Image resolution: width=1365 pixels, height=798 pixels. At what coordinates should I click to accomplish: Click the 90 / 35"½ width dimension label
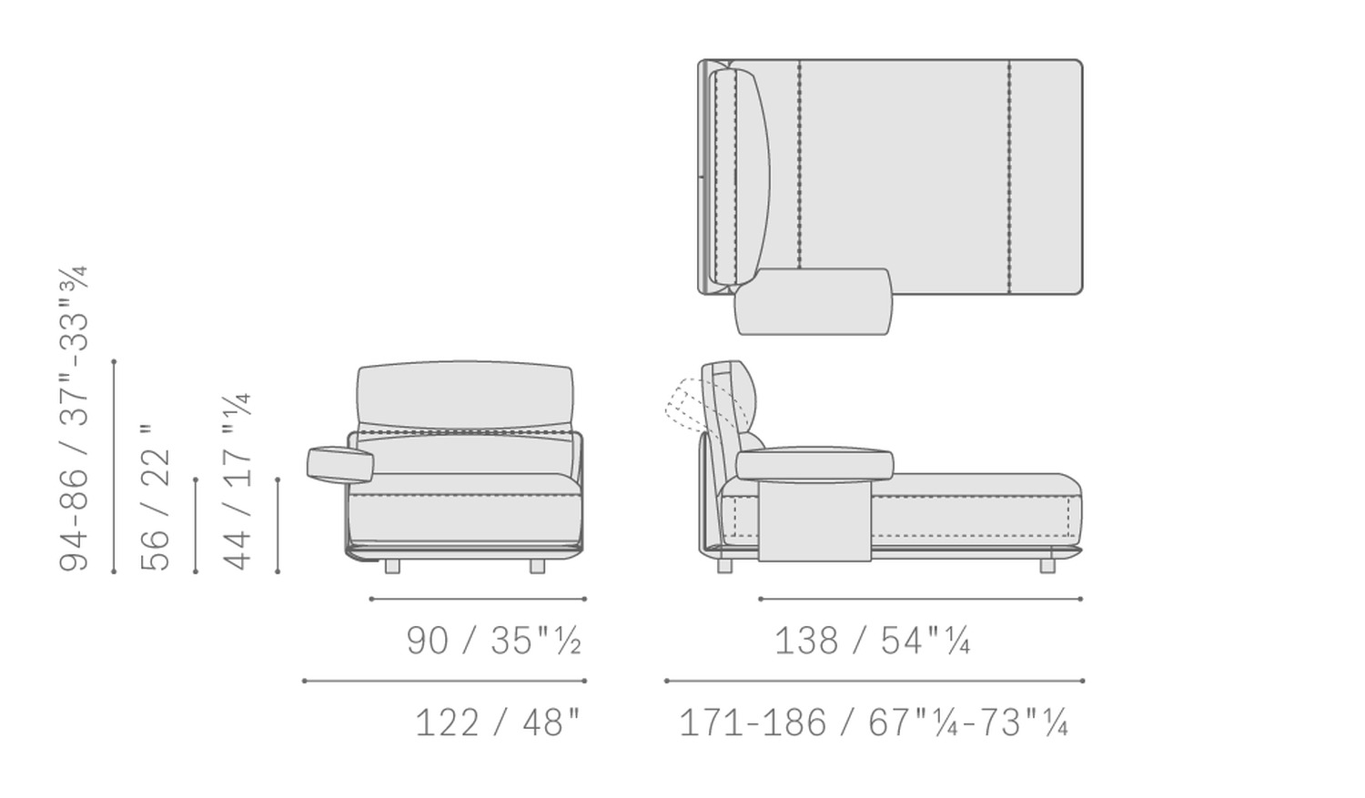493,641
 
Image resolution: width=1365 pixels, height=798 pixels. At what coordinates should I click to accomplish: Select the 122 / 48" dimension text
497,723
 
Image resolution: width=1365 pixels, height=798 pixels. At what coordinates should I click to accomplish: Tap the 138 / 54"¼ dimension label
872,641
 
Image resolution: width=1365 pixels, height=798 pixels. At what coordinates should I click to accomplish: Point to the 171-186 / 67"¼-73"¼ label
873,723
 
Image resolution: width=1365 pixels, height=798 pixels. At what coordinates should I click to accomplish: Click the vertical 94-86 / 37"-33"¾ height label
74,419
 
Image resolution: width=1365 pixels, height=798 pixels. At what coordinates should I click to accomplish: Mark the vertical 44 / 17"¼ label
238,482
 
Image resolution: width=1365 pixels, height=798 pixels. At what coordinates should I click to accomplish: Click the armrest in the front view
340,464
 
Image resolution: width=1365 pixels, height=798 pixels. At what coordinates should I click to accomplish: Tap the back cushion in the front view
465,396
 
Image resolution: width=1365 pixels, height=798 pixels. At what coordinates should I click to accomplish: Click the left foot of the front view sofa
392,567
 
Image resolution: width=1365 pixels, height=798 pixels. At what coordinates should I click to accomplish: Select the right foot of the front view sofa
537,567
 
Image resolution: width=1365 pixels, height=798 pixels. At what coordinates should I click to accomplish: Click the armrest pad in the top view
813,302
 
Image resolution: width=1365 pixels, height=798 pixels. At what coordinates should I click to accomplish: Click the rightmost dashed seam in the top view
1009,177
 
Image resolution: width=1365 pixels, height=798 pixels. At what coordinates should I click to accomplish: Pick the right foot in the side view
1047,566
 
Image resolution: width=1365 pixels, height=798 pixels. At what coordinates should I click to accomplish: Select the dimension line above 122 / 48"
444,681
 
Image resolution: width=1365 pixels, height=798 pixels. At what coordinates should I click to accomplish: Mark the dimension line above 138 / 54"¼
920,599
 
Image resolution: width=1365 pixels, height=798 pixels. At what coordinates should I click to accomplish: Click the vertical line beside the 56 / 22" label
196,526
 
